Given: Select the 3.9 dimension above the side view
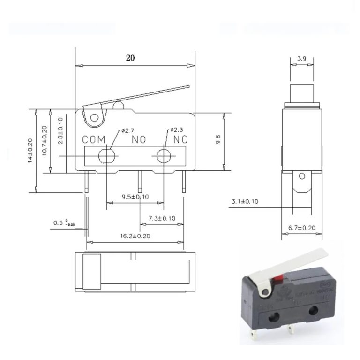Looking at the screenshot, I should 302,59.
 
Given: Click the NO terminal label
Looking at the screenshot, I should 139,139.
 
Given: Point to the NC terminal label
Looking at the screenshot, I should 180,139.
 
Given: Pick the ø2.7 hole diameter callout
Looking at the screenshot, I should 128,130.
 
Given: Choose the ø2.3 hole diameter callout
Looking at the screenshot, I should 177,130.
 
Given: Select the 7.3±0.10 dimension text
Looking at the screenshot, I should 162,218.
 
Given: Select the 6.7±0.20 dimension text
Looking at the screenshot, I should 302,228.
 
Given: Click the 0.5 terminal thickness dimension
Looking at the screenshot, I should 61,222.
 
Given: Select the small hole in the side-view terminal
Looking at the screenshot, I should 301,176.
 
